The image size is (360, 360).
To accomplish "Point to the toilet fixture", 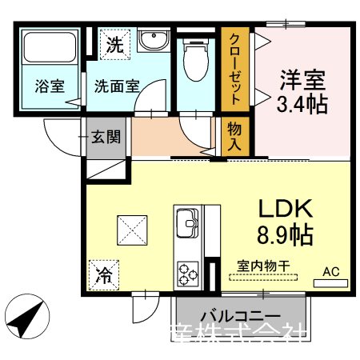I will tap(192, 57).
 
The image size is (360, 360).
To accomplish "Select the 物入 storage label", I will tap(235, 135).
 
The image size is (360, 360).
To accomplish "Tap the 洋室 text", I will tap(302, 81).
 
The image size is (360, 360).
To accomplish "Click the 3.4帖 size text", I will tap(302, 103).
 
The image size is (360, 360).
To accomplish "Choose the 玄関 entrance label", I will tap(106, 137).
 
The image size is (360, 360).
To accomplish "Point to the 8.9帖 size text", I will tap(284, 234).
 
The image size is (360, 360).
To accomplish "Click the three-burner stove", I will tap(189, 273).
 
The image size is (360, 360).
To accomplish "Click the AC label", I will tap(330, 272).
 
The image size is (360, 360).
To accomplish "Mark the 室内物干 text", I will tap(262, 266).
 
